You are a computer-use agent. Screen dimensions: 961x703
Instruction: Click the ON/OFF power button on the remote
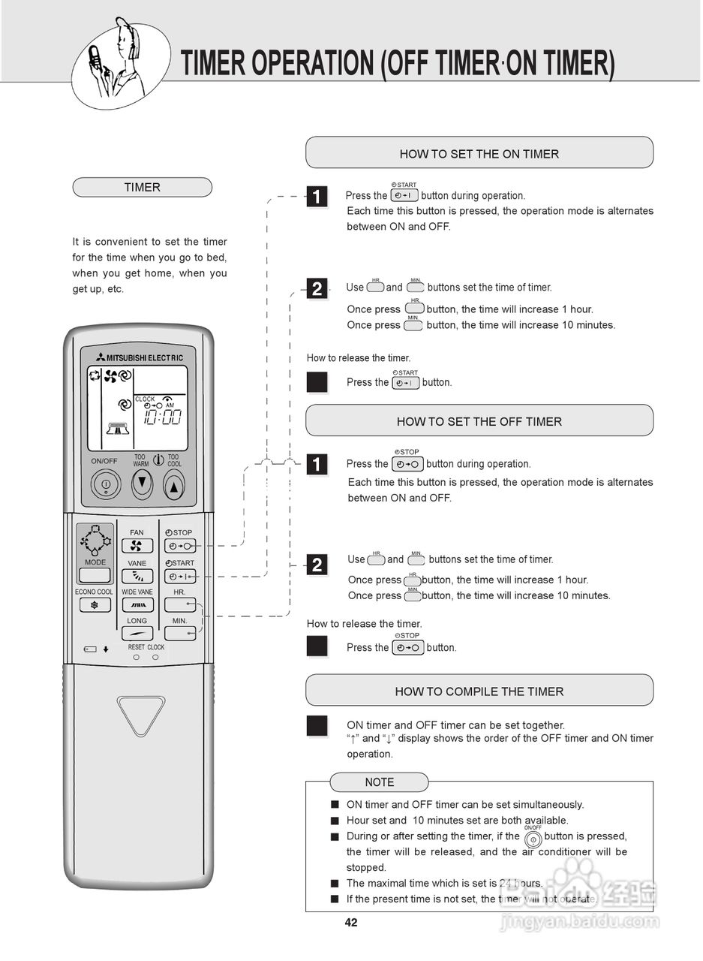click(x=106, y=484)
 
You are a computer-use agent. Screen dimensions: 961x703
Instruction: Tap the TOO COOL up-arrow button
click(x=174, y=486)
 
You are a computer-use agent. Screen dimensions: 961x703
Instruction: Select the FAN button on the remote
click(x=137, y=546)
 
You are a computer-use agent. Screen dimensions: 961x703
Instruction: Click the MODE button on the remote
click(x=95, y=576)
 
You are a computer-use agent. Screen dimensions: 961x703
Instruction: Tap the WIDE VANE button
click(x=137, y=605)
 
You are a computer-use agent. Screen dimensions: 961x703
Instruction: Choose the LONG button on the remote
click(x=137, y=634)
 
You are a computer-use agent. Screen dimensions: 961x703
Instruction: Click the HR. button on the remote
click(x=180, y=604)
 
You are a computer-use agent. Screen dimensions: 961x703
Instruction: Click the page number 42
click(x=351, y=923)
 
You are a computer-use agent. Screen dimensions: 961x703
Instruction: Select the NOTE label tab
click(x=379, y=782)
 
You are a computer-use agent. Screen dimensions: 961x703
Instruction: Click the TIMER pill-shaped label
click(x=142, y=188)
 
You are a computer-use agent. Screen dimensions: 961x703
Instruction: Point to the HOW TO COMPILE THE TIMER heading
click(x=479, y=691)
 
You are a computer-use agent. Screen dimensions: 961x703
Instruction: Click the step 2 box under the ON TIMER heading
click(x=317, y=289)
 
